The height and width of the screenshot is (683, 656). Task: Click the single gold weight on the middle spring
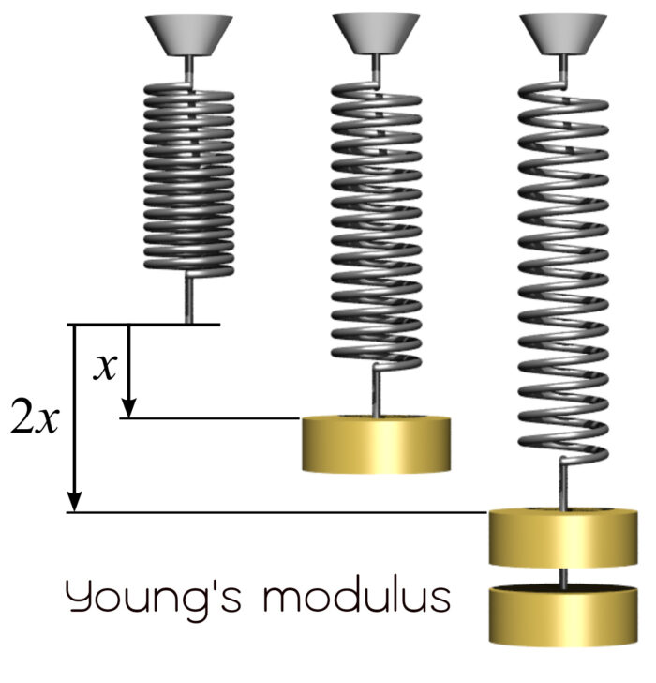(x=376, y=443)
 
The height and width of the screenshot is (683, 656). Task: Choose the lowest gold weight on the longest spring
(x=564, y=615)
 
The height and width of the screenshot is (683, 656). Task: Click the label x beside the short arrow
(x=106, y=368)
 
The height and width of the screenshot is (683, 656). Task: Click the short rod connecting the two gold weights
(x=564, y=577)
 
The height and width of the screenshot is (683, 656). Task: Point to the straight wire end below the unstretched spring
(x=189, y=298)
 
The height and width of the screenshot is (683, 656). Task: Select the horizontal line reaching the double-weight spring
(x=281, y=512)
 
